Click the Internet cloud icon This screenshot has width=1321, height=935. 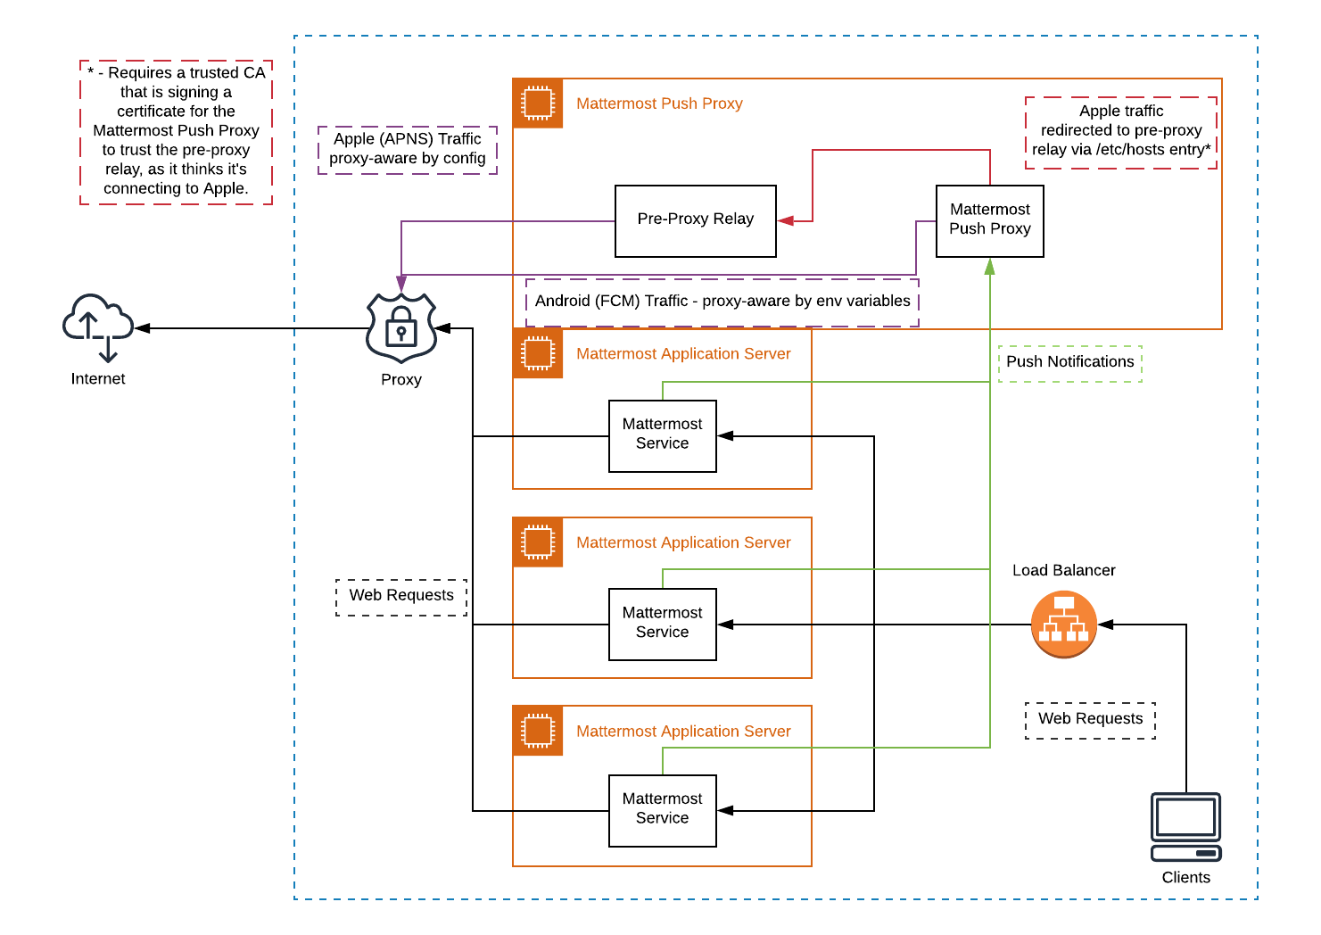click(97, 326)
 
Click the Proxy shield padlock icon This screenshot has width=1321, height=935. click(401, 327)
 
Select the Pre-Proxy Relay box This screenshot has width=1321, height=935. click(695, 220)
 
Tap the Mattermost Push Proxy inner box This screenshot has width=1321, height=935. click(989, 220)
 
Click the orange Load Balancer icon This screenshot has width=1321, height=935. click(1063, 625)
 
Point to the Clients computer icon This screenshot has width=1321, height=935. click(1185, 826)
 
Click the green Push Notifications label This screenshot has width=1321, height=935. click(1069, 362)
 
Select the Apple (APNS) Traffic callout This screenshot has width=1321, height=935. click(407, 149)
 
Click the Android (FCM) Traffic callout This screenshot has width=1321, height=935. click(722, 302)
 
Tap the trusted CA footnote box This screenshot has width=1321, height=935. click(176, 131)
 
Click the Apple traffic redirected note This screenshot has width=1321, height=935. click(1120, 131)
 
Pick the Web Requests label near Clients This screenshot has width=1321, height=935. click(1090, 719)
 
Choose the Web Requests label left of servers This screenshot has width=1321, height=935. click(401, 596)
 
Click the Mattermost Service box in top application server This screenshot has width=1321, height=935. click(662, 434)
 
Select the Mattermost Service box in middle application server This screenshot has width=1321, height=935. click(662, 624)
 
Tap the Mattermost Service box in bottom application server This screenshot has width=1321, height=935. click(662, 809)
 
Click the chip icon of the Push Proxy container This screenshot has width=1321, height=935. click(538, 103)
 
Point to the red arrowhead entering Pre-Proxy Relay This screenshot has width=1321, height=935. click(786, 220)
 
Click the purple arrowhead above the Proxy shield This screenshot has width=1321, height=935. click(401, 284)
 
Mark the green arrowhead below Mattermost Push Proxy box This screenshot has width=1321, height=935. click(989, 267)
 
